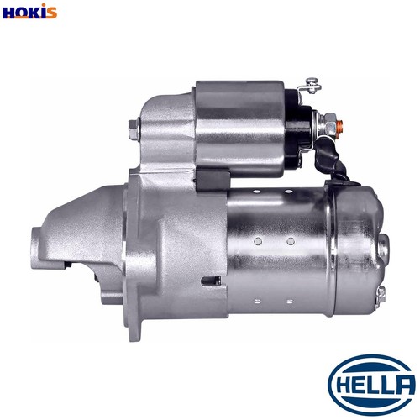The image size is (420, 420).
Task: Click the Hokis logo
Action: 29,12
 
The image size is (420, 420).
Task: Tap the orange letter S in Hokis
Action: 51,13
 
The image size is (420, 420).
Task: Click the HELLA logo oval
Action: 371,384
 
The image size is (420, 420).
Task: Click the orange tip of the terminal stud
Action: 340,127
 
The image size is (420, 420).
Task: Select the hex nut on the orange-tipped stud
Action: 330,125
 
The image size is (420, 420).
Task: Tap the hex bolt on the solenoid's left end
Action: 134,129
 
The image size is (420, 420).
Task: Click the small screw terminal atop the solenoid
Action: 310,87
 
